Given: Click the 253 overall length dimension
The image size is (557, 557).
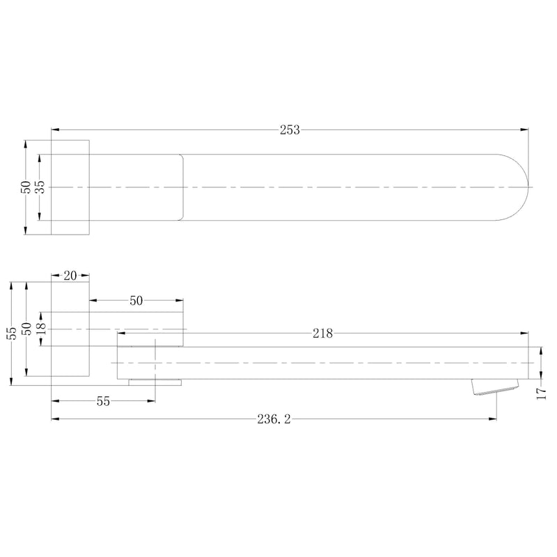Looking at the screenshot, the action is (x=290, y=130).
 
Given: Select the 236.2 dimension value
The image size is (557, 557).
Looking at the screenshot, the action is (x=274, y=420).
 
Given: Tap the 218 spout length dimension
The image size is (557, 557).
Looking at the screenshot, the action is (x=322, y=334).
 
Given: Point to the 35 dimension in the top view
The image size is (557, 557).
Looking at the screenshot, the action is (x=41, y=187).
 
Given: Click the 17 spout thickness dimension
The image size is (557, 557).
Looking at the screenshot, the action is (x=541, y=393).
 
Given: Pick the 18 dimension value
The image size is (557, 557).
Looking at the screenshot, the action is (x=41, y=329).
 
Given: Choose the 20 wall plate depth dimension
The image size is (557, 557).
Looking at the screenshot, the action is (x=70, y=276).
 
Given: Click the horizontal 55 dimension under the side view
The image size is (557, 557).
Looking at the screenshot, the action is (x=103, y=402).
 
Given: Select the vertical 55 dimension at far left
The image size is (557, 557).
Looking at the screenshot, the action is (x=13, y=334).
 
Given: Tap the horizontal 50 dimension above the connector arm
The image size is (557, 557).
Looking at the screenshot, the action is (x=136, y=301).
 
